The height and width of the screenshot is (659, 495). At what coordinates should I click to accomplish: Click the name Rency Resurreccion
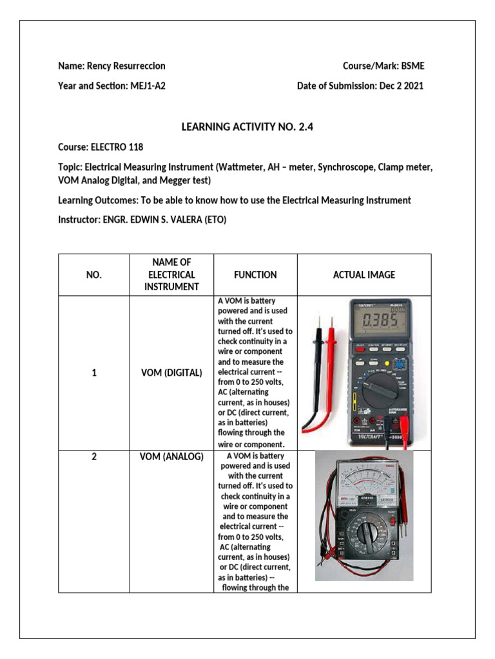pyautogui.click(x=125, y=66)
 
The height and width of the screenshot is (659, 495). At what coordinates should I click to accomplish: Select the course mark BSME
pyautogui.click(x=412, y=66)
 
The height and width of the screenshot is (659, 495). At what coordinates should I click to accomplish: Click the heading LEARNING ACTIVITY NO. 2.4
pyautogui.click(x=247, y=127)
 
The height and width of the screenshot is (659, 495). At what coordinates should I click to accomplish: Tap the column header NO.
pyautogui.click(x=94, y=275)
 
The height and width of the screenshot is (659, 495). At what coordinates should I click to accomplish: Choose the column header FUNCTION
pyautogui.click(x=255, y=275)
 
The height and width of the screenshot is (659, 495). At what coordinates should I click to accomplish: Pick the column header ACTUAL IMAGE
pyautogui.click(x=364, y=275)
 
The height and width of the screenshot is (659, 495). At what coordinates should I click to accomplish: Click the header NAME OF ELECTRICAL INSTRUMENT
pyautogui.click(x=172, y=275)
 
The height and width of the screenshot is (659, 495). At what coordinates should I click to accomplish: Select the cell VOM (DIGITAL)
pyautogui.click(x=171, y=373)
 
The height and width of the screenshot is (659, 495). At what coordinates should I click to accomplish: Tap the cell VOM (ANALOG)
pyautogui.click(x=171, y=457)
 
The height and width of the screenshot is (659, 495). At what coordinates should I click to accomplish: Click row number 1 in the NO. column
pyautogui.click(x=94, y=373)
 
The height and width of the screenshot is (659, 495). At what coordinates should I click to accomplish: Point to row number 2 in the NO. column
pyautogui.click(x=94, y=457)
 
